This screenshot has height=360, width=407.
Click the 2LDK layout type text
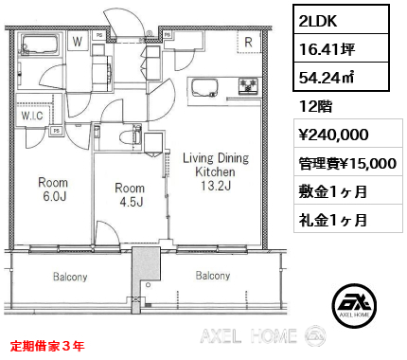318,21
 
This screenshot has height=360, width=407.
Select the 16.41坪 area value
327,49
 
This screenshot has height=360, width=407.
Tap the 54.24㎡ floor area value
327,77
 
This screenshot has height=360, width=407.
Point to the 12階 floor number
316,106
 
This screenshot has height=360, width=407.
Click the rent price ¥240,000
333,135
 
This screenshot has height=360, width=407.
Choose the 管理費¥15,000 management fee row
347,163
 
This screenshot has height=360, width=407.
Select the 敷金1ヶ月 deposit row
333,191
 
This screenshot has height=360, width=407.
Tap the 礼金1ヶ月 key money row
333,220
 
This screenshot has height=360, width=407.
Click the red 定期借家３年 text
47,346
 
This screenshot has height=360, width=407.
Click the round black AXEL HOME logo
354,305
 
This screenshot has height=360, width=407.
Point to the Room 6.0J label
53,189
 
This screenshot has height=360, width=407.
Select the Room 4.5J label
130,194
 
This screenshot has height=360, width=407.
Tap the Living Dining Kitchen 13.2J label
216,171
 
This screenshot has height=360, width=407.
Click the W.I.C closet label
32,116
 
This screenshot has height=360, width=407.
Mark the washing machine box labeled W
78,41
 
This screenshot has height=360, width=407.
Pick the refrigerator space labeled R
249,43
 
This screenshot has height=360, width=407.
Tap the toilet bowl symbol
127,137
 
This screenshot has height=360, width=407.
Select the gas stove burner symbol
249,86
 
